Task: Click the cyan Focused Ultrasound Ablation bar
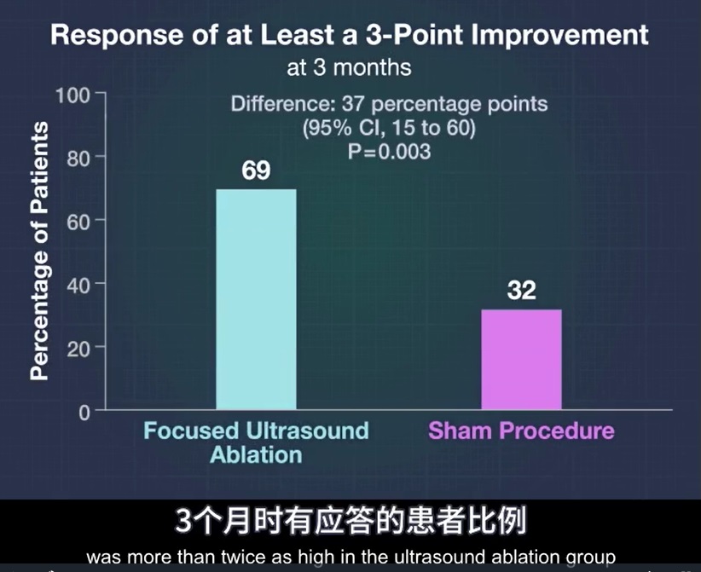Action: click(256, 299)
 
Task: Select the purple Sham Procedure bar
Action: click(521, 359)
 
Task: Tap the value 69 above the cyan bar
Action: click(256, 170)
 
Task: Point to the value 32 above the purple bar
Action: click(521, 290)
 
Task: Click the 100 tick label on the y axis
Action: click(72, 95)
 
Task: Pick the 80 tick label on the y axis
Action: click(78, 159)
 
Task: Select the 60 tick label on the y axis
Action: click(78, 222)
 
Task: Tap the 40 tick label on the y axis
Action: click(78, 286)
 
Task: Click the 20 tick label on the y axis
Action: click(78, 349)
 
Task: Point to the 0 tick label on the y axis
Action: click(84, 413)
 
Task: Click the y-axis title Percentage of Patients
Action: click(39, 251)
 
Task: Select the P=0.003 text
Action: click(389, 152)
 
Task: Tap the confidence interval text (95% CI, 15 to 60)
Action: click(389, 128)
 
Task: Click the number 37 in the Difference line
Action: click(353, 104)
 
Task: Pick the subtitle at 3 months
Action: click(349, 68)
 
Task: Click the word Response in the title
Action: click(117, 36)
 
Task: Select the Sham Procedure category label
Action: click(521, 430)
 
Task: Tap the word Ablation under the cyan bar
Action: click(256, 455)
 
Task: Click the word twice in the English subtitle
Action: click(238, 558)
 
